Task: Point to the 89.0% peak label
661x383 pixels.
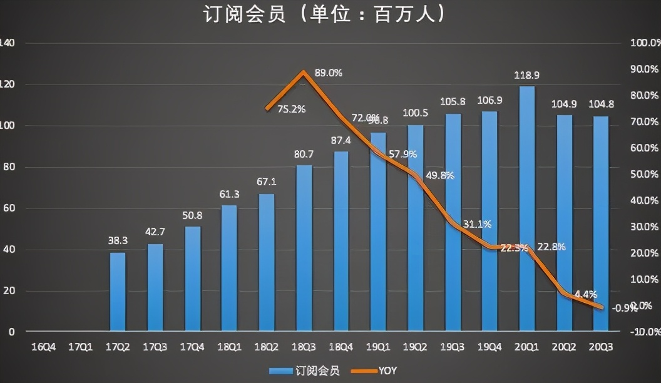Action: point(329,73)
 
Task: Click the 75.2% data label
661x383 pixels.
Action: point(292,109)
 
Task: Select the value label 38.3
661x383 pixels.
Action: point(118,240)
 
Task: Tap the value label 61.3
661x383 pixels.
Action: point(229,193)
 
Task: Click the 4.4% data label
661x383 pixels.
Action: point(585,294)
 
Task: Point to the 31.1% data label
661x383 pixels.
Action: point(478,223)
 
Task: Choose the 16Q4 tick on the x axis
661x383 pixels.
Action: point(43,345)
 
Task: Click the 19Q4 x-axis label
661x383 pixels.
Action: point(489,345)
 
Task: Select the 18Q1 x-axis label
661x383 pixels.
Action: point(229,345)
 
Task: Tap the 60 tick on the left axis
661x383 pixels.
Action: point(9,208)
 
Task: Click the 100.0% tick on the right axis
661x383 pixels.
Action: point(644,43)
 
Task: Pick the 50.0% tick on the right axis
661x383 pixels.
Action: point(644,174)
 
